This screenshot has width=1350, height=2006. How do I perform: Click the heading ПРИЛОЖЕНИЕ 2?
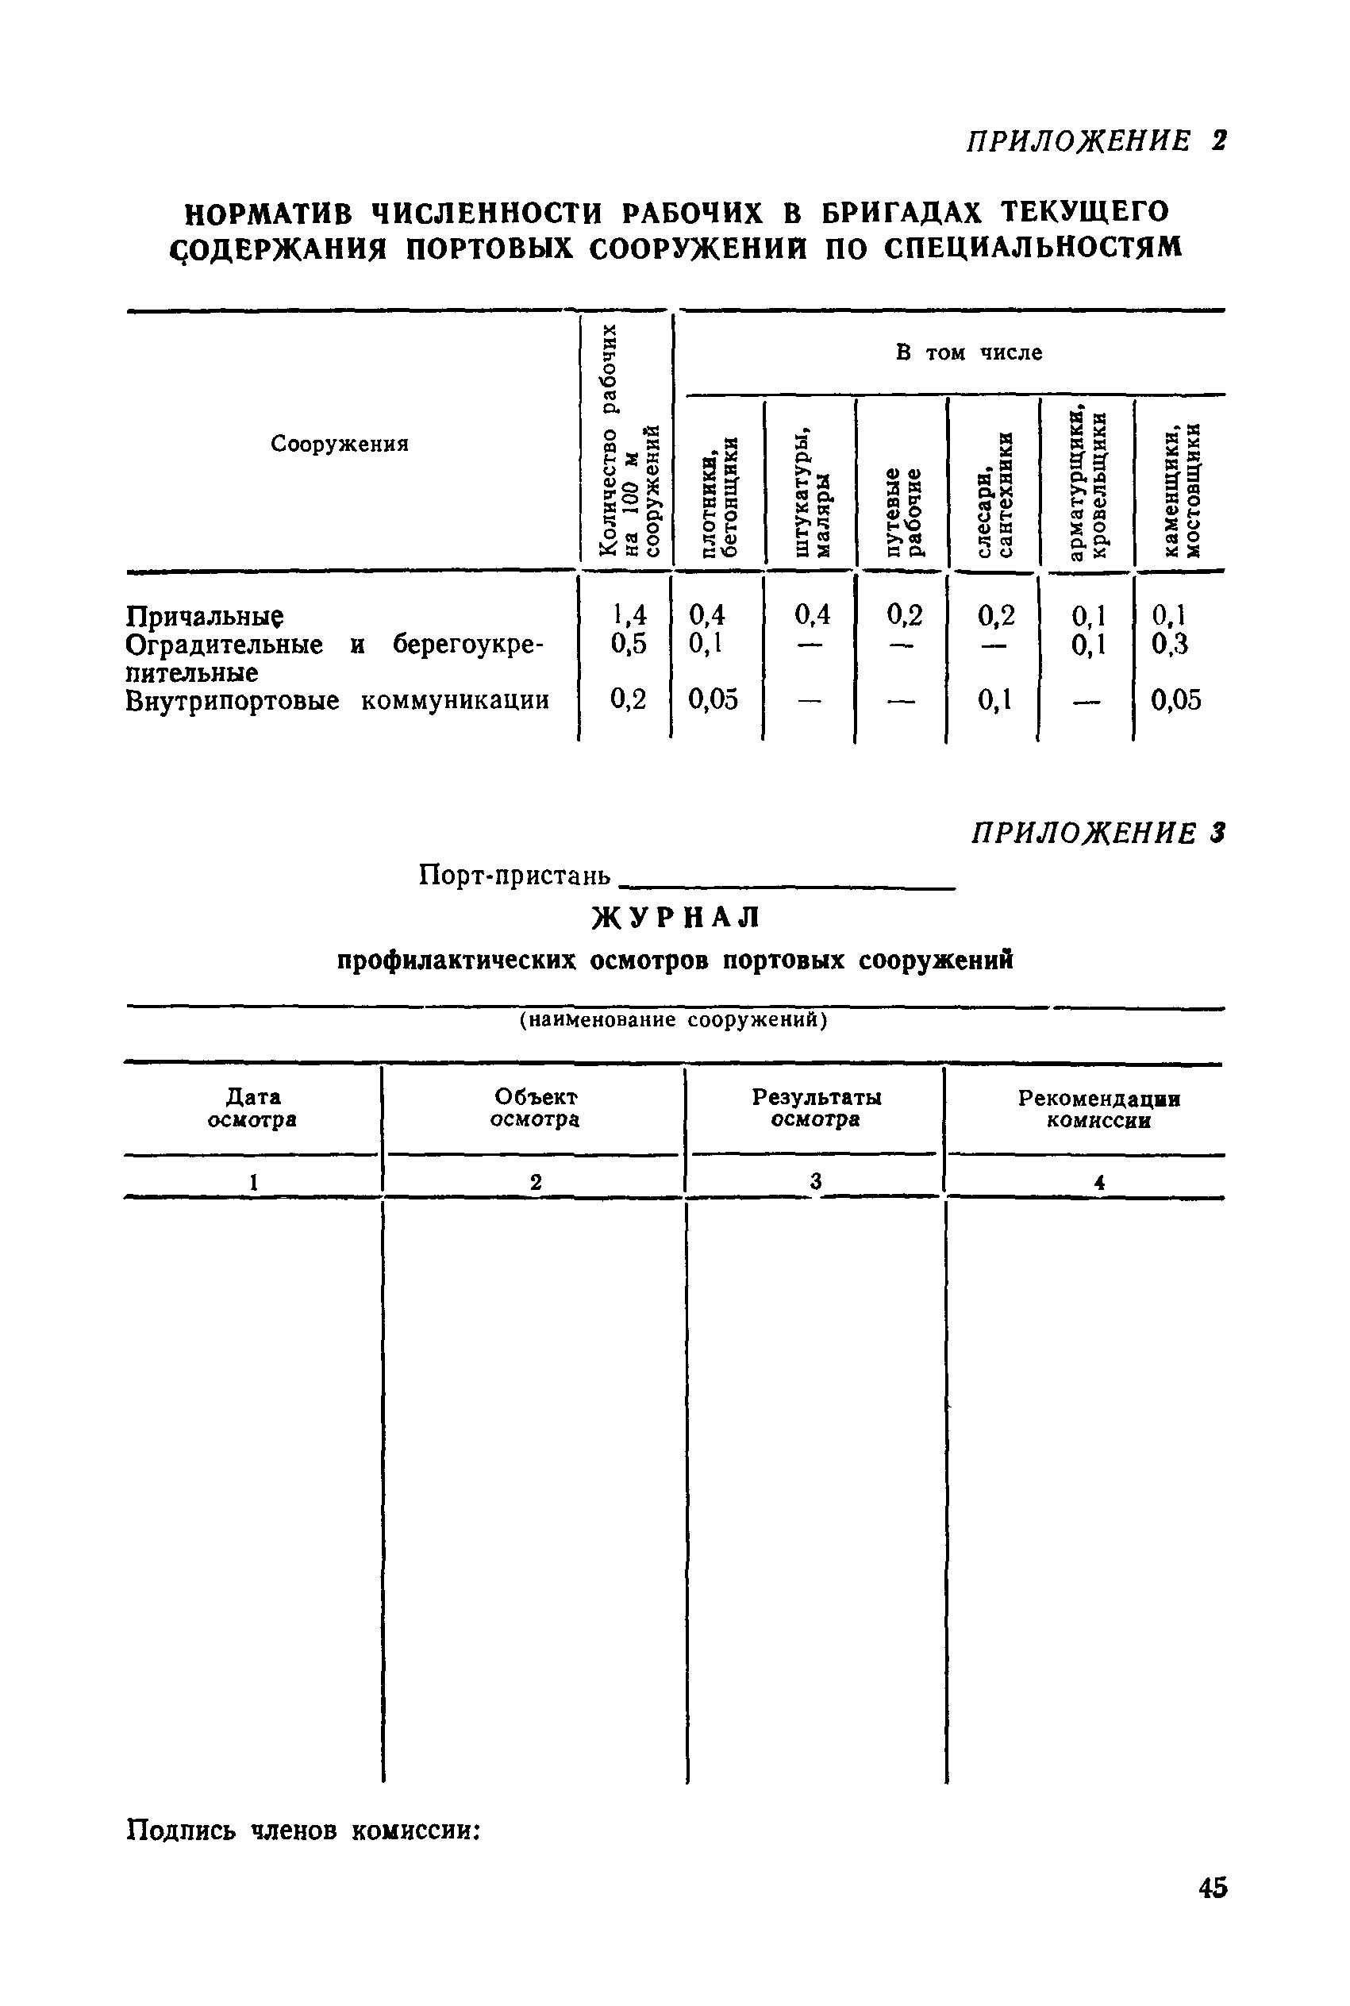pos(1095,141)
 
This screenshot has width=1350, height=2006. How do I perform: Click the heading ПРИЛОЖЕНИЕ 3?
pos(1097,833)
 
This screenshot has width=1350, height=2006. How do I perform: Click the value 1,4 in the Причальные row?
pos(628,614)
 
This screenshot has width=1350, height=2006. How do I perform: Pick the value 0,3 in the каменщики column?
pos(1169,644)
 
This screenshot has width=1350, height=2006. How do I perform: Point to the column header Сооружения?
pos(339,445)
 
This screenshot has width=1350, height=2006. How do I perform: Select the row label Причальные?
pos(205,617)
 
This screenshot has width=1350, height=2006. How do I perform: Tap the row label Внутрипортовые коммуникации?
pos(337,701)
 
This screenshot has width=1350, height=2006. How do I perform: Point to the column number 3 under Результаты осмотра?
pos(815,1182)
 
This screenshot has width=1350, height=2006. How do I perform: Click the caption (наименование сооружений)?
pos(672,1020)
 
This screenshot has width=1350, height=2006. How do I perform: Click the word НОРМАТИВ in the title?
pos(270,212)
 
